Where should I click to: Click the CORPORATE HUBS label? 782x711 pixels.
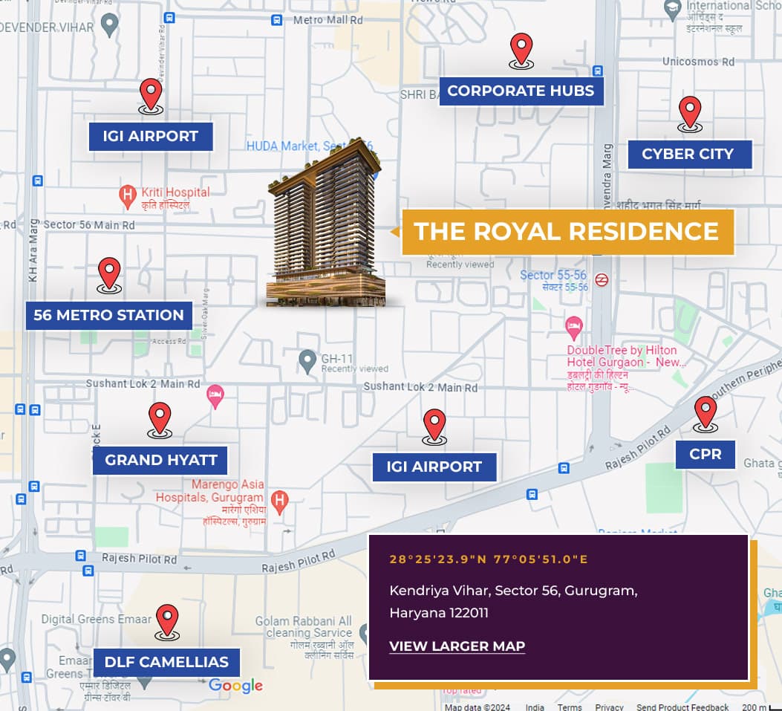click(521, 91)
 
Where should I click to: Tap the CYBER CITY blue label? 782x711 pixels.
click(688, 154)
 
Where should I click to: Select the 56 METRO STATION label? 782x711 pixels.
click(108, 315)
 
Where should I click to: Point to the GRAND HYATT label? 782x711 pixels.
click(160, 460)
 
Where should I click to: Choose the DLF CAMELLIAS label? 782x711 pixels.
click(166, 662)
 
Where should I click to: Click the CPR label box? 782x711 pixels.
click(705, 454)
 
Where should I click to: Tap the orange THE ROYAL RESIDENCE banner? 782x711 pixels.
click(566, 231)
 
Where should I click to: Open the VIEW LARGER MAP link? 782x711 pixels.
click(457, 646)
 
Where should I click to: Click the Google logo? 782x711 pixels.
click(235, 686)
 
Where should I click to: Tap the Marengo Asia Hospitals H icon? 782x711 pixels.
click(279, 500)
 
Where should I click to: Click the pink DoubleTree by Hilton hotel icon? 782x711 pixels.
click(573, 326)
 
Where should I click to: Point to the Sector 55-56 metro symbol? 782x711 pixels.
click(602, 280)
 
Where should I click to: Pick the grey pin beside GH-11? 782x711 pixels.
click(307, 362)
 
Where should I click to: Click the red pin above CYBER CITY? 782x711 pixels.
click(690, 112)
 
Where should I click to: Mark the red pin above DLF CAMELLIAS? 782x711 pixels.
click(167, 620)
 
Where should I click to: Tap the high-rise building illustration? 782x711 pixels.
click(327, 223)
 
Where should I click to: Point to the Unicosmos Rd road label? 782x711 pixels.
click(698, 62)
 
